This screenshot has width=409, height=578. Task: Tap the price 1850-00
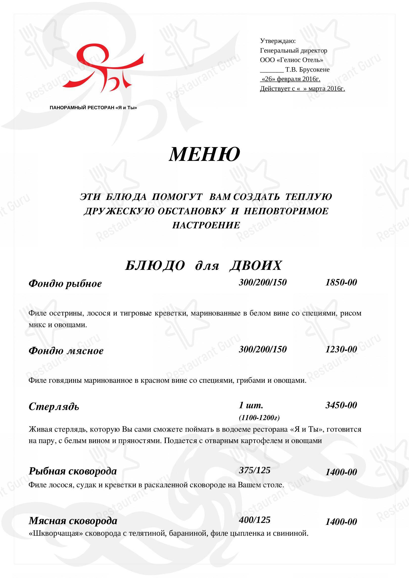click(341, 282)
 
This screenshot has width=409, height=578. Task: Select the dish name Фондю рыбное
click(65, 284)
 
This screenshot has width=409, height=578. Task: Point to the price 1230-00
click(341, 349)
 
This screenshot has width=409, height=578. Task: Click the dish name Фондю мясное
click(66, 351)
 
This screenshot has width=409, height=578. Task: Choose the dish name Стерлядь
click(54, 406)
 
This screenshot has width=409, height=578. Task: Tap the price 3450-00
click(341, 405)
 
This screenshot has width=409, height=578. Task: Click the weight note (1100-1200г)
click(259, 418)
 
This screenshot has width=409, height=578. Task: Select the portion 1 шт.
click(251, 405)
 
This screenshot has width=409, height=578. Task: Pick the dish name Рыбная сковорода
click(73, 471)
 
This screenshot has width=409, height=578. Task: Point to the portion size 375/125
click(255, 470)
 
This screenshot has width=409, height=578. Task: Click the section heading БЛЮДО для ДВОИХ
click(203, 265)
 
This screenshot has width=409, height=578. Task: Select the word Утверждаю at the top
click(278, 41)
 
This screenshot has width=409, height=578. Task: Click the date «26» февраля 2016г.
click(290, 79)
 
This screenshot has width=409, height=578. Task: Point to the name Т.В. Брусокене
click(307, 69)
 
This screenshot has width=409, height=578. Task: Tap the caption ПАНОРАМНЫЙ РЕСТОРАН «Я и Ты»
click(94, 108)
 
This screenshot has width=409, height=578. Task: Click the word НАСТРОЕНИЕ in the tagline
click(206, 225)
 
